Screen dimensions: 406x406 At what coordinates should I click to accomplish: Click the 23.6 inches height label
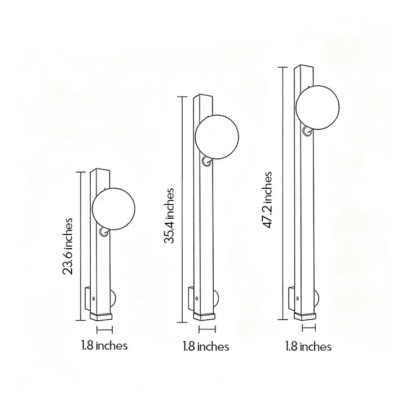point(68,246)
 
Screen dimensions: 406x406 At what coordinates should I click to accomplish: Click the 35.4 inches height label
point(169,215)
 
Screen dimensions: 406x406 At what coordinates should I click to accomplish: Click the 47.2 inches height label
point(268,200)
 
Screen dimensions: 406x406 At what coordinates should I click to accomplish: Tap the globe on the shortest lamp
point(113,209)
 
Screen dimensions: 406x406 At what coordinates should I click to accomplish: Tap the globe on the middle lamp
point(217,137)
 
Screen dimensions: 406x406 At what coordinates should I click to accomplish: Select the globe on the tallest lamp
point(317,108)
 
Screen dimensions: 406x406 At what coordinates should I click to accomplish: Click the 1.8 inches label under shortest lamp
point(104,346)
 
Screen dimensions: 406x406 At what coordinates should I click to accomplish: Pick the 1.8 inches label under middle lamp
point(206,346)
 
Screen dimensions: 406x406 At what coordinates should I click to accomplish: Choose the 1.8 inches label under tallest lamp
point(308,346)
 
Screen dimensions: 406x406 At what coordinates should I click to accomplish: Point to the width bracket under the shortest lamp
point(105,330)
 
